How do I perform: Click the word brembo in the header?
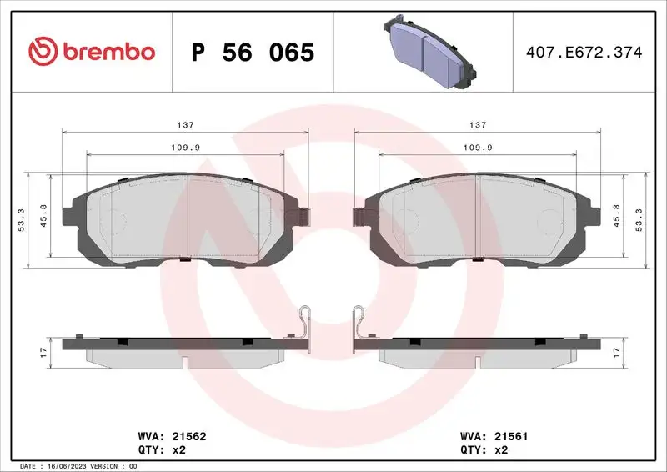click(107, 52)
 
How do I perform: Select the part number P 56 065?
click(253, 53)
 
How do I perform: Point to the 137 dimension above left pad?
click(185, 124)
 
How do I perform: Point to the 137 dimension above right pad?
click(477, 124)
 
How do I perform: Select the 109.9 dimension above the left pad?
click(185, 147)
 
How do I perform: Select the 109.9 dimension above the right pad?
click(477, 147)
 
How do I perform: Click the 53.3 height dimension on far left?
click(22, 220)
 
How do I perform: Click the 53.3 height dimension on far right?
click(639, 220)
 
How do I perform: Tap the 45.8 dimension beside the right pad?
click(616, 215)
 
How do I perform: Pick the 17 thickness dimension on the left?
click(44, 351)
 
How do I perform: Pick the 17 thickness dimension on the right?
click(616, 351)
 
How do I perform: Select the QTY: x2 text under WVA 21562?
click(159, 449)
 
